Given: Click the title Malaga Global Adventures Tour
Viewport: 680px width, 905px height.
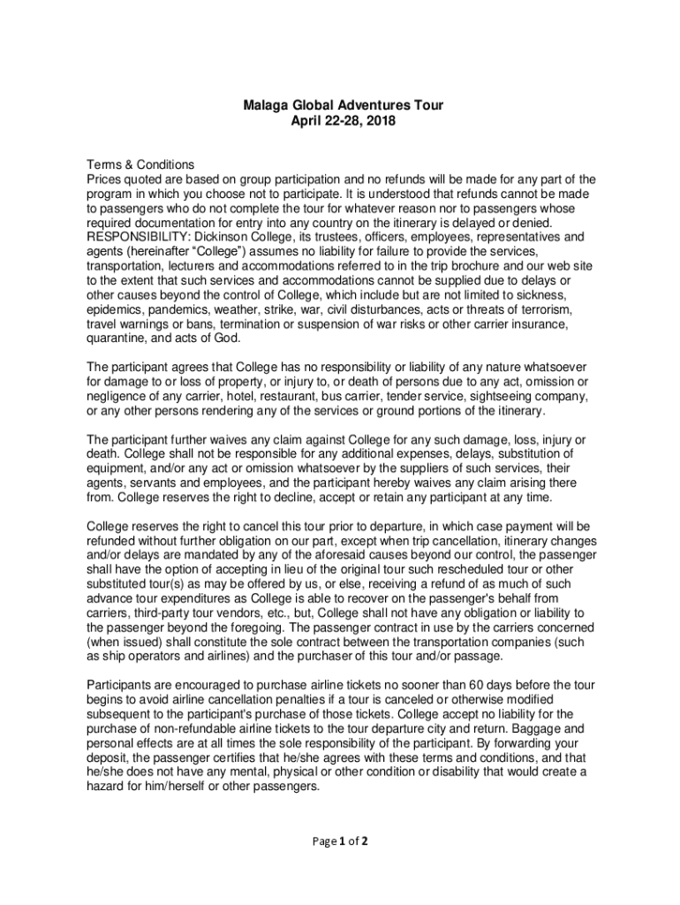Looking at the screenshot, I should [x=343, y=106].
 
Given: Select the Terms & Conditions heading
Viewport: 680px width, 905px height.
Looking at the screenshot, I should [x=140, y=164].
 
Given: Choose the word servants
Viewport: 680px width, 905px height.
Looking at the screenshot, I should [x=161, y=483].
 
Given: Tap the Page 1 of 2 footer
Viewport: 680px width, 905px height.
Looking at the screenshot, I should [x=339, y=840].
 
